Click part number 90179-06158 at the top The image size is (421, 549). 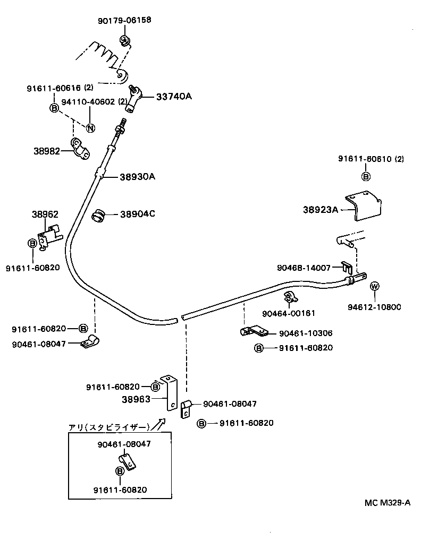coord(124,21)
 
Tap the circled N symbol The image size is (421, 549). coord(90,127)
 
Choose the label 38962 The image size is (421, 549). coord(45,215)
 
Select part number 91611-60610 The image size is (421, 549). coord(366,159)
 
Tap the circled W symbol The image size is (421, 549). coord(375,287)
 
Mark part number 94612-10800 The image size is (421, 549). coord(374,307)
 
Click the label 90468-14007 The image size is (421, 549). coord(304,268)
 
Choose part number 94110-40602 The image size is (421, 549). coord(87,101)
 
